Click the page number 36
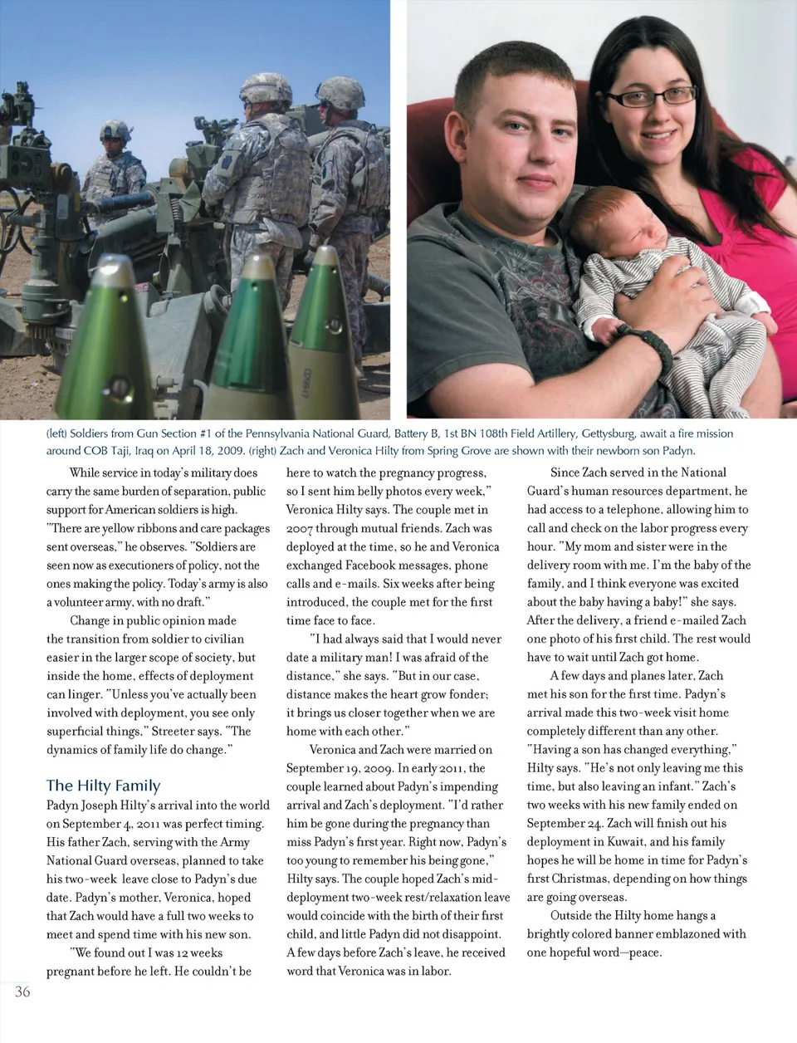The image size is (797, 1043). point(22,992)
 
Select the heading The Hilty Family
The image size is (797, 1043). point(103,786)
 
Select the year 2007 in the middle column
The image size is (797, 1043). point(300,529)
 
